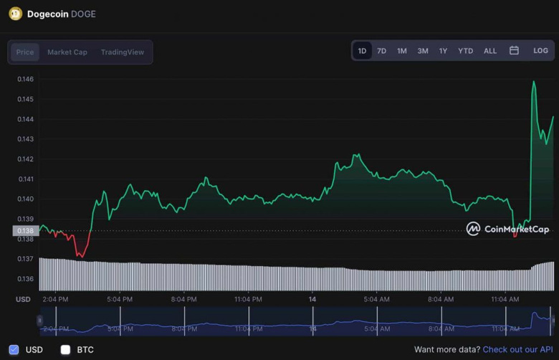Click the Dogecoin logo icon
pos(15,14)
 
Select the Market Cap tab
pos(67,52)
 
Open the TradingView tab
pos(123,52)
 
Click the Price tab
pos(25,52)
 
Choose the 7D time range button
pos(382,51)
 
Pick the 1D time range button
pos(362,51)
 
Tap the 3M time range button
pos(423,51)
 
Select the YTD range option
pos(466,51)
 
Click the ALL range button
pos(490,51)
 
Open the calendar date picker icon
pos(514,51)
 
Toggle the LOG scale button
pos(540,51)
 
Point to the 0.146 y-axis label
pos(25,79)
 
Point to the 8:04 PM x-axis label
pos(184,299)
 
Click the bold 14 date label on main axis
pos(312,299)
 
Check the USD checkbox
pos(14,349)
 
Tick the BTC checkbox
pos(66,349)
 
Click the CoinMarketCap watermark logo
pos(507,229)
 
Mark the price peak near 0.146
pos(534,82)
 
